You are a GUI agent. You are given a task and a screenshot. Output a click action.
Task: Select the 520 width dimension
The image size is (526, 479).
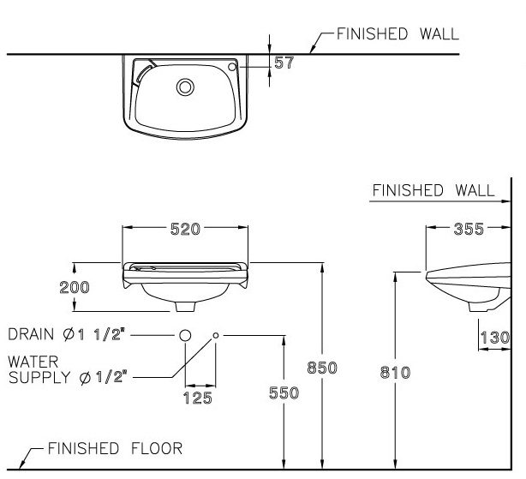point(185,229)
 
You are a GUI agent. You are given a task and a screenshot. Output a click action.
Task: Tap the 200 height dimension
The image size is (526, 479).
point(75,287)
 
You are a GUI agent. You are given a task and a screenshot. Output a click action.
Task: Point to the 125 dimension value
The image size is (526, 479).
point(197,398)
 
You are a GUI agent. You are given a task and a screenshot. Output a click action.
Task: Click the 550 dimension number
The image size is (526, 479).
point(284,392)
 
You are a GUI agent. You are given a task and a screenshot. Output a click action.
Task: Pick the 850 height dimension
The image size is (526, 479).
point(323,368)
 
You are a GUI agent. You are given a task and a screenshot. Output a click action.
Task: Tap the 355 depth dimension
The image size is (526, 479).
point(469,229)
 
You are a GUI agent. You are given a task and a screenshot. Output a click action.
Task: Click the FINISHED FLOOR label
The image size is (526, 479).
point(114,448)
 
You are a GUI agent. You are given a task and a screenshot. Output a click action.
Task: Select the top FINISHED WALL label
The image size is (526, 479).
point(397,34)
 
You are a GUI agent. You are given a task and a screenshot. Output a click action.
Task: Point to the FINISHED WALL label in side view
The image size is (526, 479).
point(433,190)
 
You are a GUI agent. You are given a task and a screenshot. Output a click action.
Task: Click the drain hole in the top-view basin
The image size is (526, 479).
point(184,87)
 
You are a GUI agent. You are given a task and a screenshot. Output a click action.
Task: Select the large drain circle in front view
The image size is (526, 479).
point(184,334)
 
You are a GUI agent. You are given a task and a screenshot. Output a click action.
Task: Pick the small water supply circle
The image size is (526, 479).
point(215,334)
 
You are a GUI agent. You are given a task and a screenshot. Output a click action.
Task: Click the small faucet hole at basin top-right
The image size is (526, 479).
point(232,66)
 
